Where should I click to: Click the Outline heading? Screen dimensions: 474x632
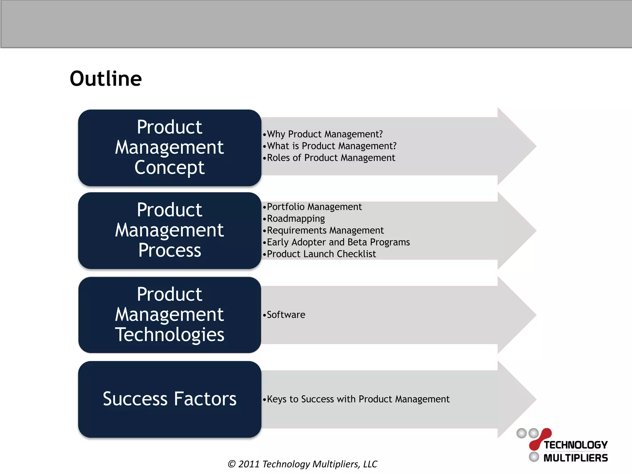106,79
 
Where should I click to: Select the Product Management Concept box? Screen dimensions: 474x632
169,148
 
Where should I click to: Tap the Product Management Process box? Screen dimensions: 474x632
169,230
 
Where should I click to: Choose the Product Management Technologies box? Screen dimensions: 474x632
169,314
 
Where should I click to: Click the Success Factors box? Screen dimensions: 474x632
169,399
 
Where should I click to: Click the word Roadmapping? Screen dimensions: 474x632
296,218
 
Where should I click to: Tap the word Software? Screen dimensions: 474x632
286,315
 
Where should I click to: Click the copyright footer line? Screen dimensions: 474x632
302,464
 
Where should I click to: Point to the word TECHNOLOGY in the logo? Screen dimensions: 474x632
576,445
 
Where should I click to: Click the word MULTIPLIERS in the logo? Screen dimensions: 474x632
576,458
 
